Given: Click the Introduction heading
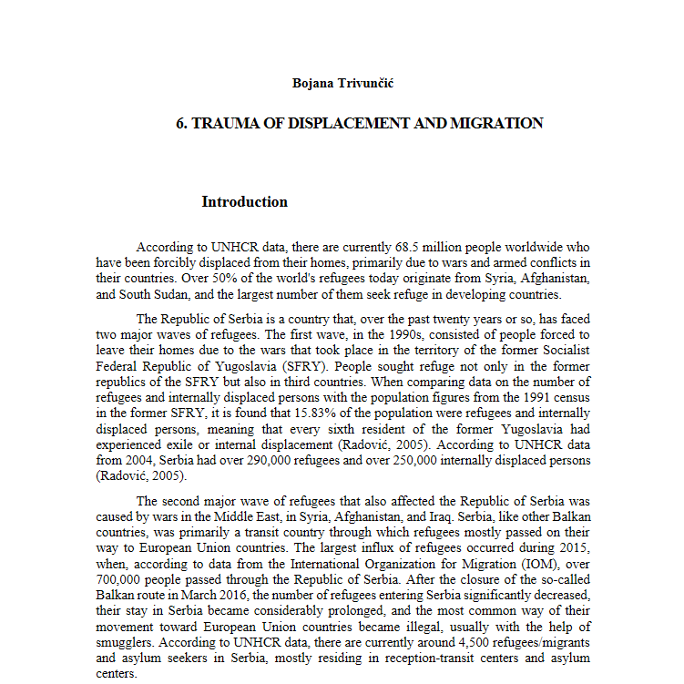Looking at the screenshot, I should coord(244,202).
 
